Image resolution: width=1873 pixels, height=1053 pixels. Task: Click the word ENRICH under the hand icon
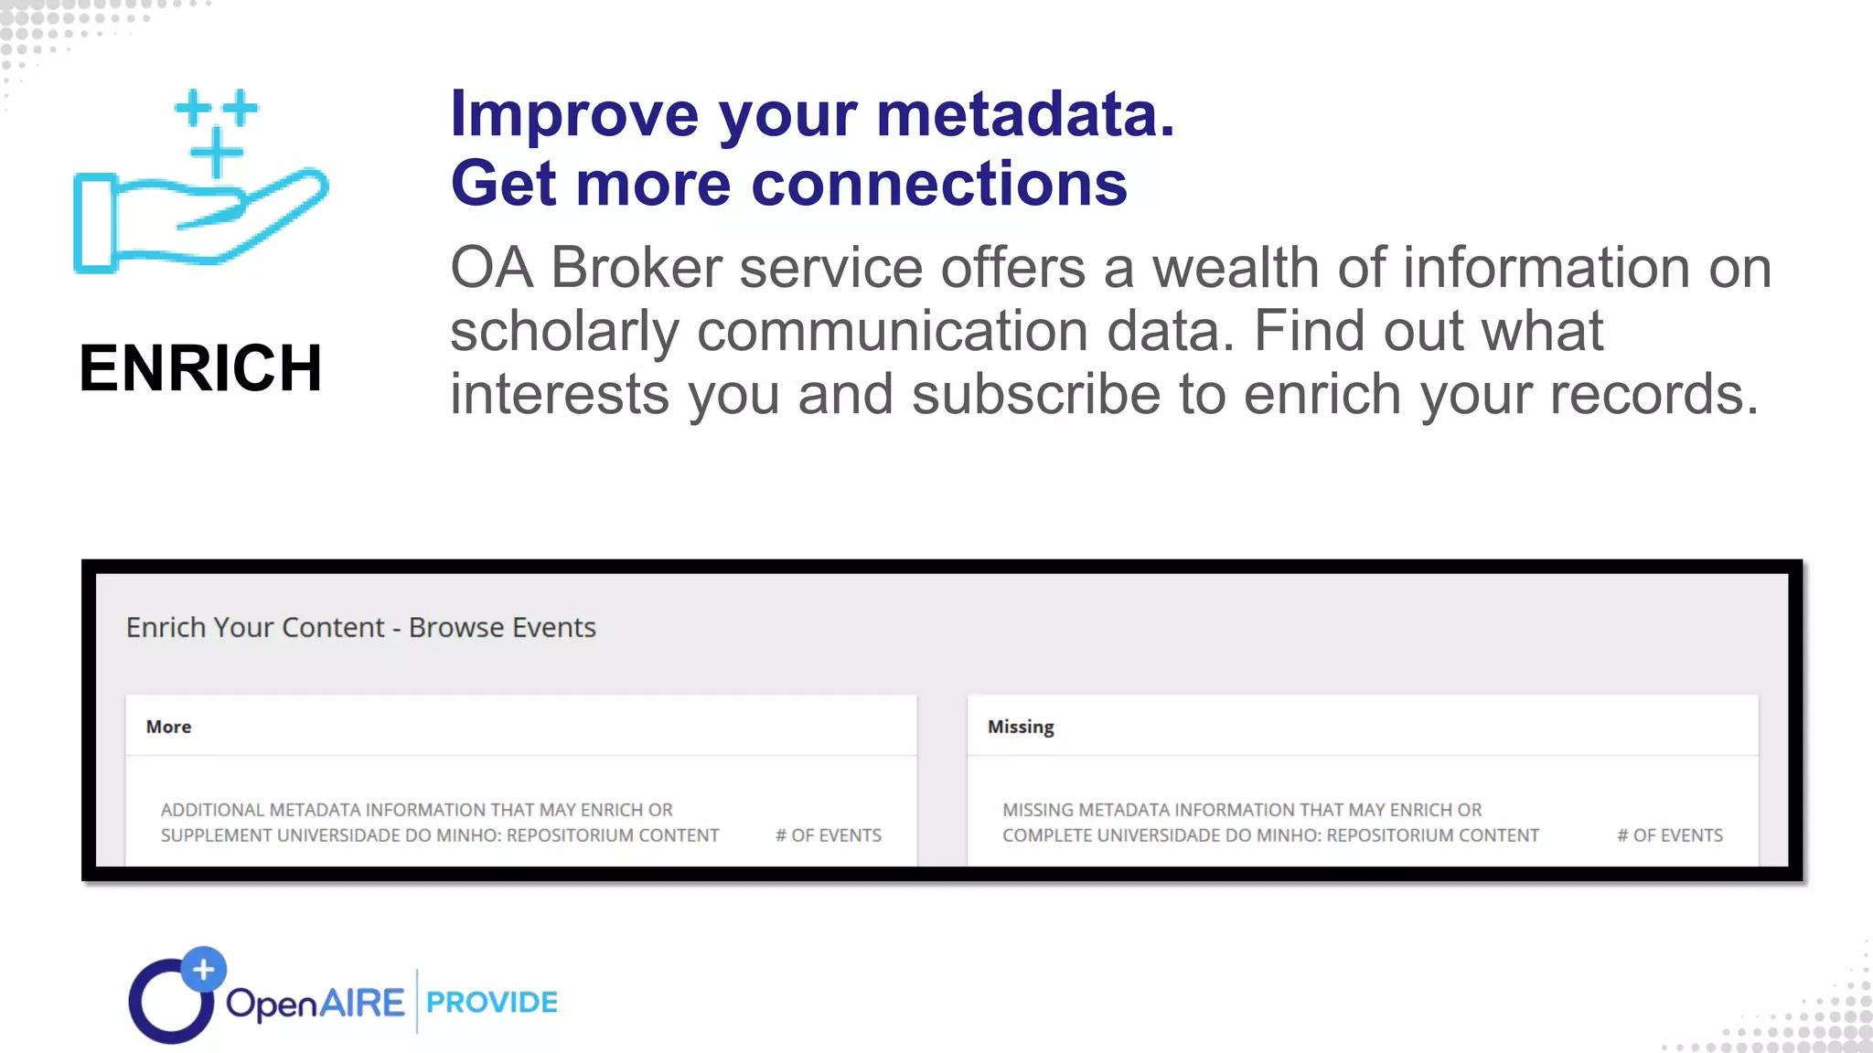pyautogui.click(x=201, y=368)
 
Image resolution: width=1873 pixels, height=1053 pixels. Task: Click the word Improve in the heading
pyautogui.click(x=574, y=114)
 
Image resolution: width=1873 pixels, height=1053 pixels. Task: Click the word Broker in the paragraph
pyautogui.click(x=637, y=268)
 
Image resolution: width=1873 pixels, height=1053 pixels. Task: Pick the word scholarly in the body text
pyautogui.click(x=564, y=331)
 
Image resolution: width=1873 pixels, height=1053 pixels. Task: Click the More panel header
pyautogui.click(x=169, y=727)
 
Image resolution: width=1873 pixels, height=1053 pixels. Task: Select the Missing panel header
pyautogui.click(x=1021, y=727)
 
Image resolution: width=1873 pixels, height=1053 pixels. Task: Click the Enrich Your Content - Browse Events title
pyautogui.click(x=361, y=628)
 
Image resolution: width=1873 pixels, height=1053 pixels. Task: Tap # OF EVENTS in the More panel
pyautogui.click(x=829, y=835)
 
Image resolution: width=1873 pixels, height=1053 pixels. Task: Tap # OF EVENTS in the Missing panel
pyautogui.click(x=1670, y=835)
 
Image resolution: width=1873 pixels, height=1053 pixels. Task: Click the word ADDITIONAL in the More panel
pyautogui.click(x=212, y=810)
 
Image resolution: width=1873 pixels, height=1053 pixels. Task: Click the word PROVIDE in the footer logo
pyautogui.click(x=492, y=1003)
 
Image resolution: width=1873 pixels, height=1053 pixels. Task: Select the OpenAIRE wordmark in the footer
pyautogui.click(x=315, y=1003)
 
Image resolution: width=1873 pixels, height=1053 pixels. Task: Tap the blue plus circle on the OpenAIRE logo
pyautogui.click(x=203, y=969)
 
